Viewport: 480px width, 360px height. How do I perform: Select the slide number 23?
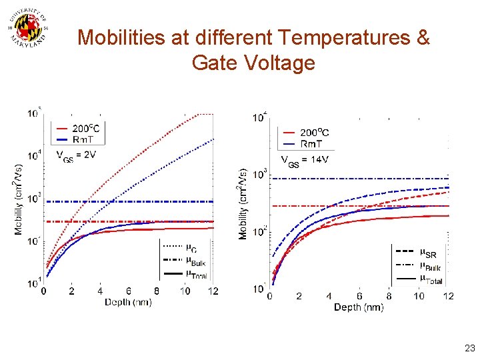[x=470, y=348]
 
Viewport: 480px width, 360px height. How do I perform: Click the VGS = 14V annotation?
[x=306, y=160]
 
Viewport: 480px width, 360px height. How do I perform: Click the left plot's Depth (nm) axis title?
[x=128, y=302]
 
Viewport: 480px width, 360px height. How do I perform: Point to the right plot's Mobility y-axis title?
[x=243, y=203]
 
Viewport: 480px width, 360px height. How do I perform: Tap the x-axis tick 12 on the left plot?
[x=213, y=291]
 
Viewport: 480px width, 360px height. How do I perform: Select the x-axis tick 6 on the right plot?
[x=359, y=296]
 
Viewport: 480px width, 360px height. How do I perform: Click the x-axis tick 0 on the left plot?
[x=44, y=291]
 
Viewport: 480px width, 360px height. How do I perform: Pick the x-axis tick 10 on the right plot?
[x=419, y=296]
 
